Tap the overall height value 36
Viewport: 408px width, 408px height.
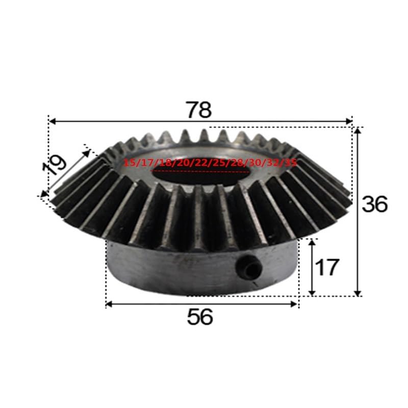tap(375, 204)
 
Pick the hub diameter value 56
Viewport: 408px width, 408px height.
tap(199, 318)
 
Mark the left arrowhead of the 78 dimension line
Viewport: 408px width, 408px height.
tap(52, 121)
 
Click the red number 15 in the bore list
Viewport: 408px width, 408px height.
tap(129, 163)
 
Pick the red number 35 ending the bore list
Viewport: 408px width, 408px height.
tap(291, 163)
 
